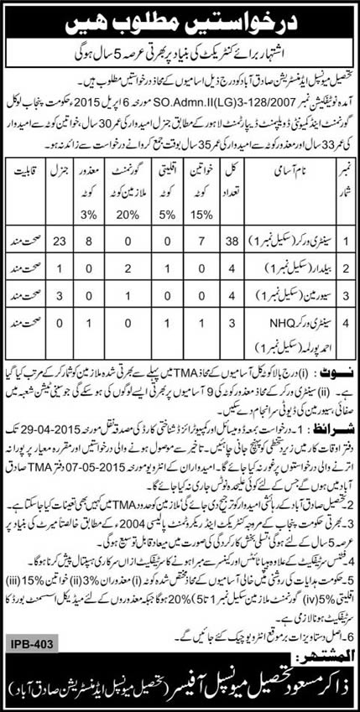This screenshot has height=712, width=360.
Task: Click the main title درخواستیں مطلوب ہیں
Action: tap(180, 19)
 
